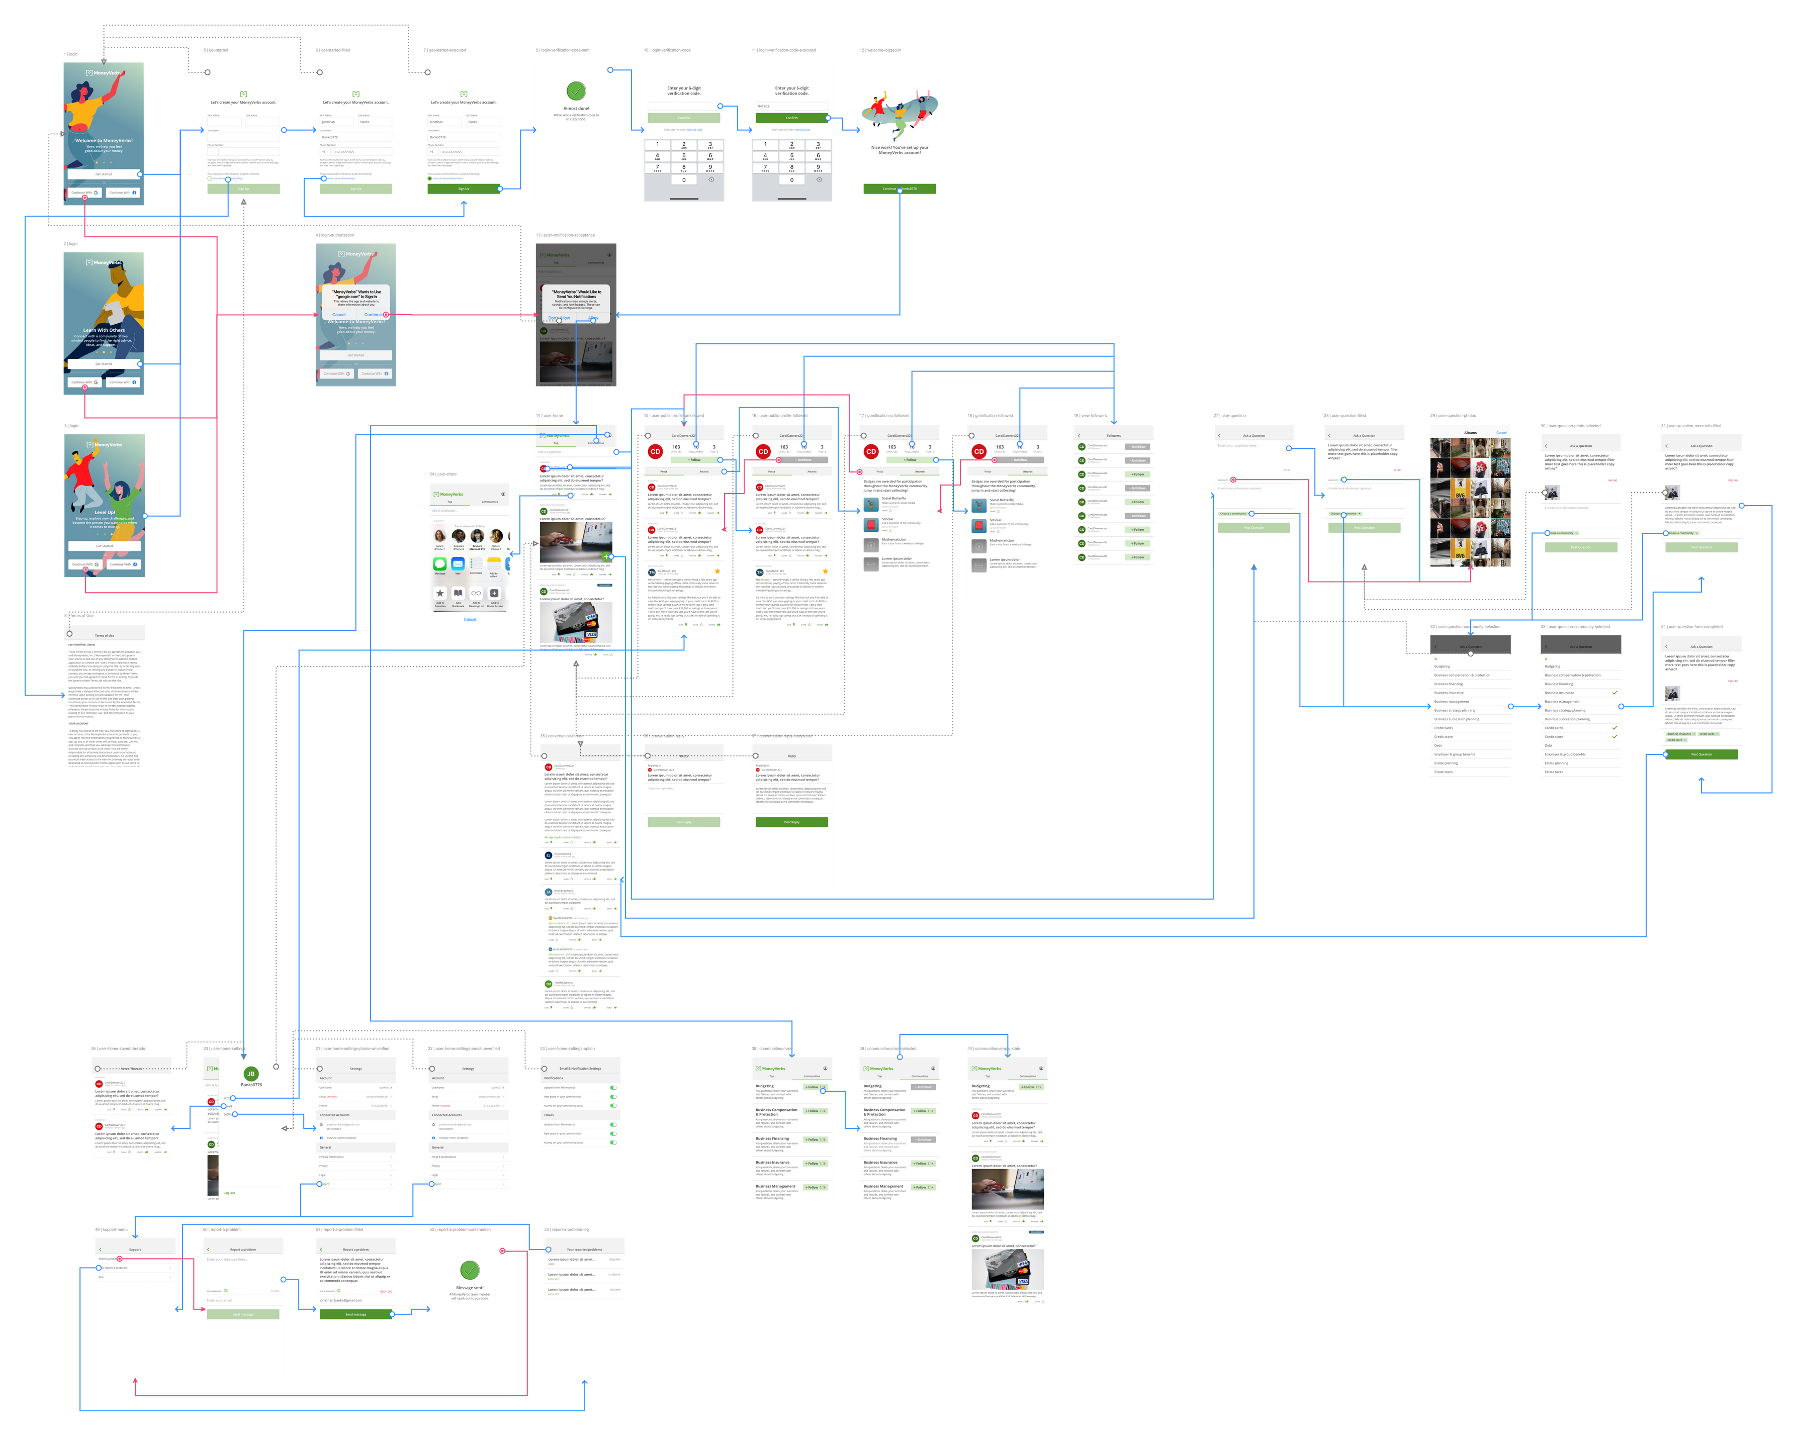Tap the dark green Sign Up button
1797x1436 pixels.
(464, 189)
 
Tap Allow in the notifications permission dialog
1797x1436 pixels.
(593, 318)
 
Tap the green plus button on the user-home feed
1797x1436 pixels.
(606, 556)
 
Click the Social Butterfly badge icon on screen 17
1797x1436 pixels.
(871, 504)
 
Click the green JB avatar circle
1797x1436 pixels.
(251, 1074)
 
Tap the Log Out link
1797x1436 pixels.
(229, 1193)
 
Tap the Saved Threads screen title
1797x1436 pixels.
(132, 1069)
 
